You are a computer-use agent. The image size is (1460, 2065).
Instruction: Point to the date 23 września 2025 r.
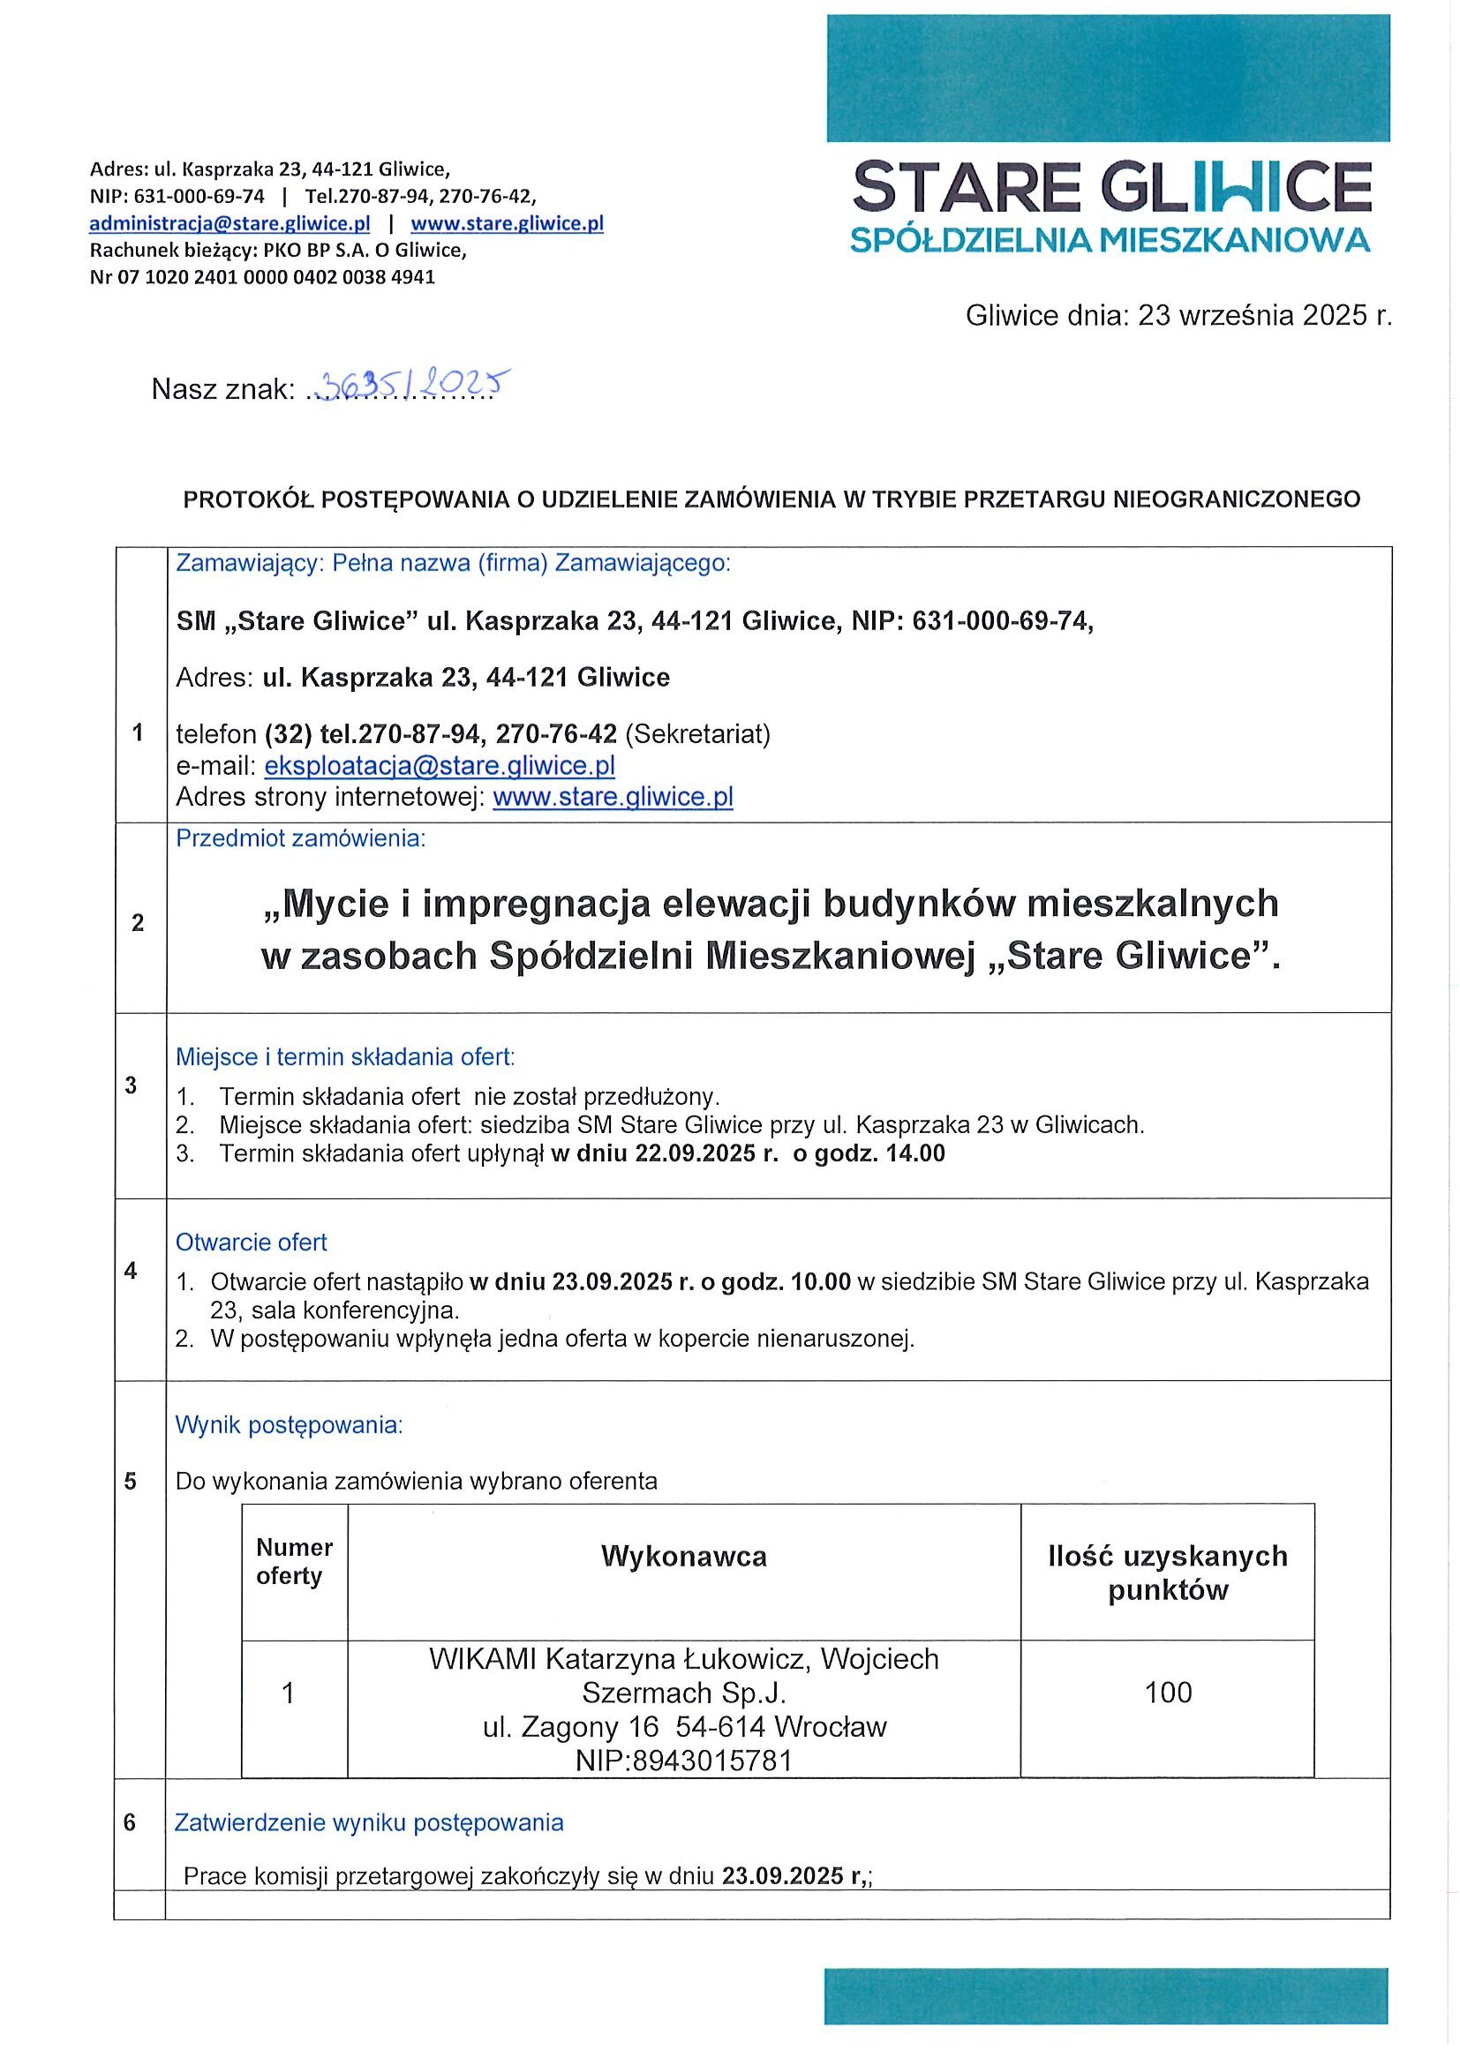pyautogui.click(x=1264, y=316)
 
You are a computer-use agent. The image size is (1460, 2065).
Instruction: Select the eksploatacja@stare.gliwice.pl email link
pyautogui.click(x=439, y=765)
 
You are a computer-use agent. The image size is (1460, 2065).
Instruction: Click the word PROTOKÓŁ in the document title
pyautogui.click(x=237, y=500)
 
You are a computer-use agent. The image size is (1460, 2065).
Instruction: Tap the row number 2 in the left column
pyautogui.click(x=138, y=923)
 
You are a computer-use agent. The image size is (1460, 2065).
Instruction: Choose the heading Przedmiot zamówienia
pyautogui.click(x=300, y=838)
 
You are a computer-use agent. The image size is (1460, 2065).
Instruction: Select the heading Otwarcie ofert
pyautogui.click(x=251, y=1242)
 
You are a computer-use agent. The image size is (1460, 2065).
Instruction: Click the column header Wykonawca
pyautogui.click(x=684, y=1557)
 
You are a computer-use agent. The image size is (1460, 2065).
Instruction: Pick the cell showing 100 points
pyautogui.click(x=1168, y=1693)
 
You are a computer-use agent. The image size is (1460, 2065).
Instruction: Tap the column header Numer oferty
pyautogui.click(x=294, y=1561)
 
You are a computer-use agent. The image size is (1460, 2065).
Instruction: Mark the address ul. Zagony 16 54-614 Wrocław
pyautogui.click(x=685, y=1727)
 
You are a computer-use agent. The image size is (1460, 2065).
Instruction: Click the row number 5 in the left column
pyautogui.click(x=131, y=1481)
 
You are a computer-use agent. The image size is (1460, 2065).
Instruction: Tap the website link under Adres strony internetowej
pyautogui.click(x=613, y=797)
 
